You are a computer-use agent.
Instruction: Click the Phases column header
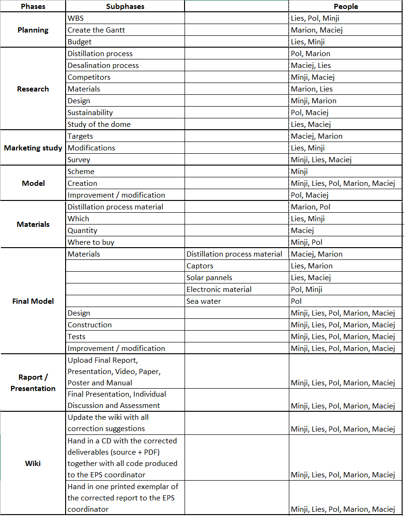(x=33, y=7)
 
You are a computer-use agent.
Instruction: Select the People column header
(x=345, y=7)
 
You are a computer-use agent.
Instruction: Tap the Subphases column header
(x=125, y=7)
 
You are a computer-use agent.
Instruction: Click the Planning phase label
(x=33, y=30)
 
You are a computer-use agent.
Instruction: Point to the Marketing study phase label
(x=33, y=148)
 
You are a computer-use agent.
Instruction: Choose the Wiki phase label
(x=33, y=463)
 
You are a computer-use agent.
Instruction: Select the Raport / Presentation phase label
(x=33, y=383)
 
